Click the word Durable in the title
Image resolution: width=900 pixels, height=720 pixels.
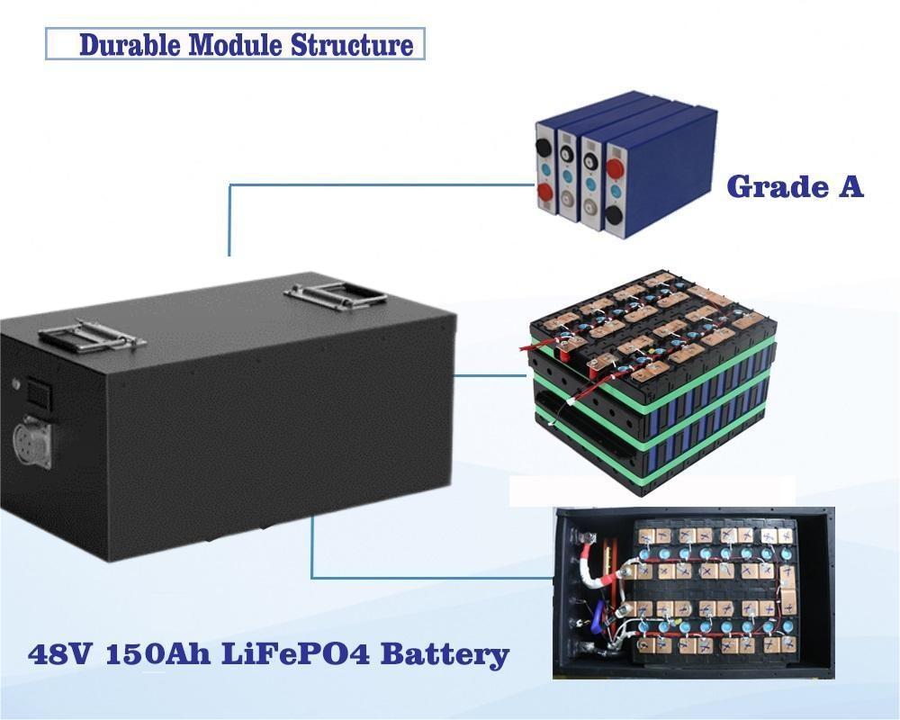130,45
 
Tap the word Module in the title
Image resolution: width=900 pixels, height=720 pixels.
235,45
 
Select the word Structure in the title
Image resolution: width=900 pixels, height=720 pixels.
352,45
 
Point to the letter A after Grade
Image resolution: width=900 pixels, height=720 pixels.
850,186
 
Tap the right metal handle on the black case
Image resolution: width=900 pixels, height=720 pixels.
336,296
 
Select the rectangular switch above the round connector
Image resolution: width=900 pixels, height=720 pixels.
39,393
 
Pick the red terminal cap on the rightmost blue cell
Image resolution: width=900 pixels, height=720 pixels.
615,170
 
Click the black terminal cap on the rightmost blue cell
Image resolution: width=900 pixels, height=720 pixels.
615,216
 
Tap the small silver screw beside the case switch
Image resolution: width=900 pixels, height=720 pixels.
16,383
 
